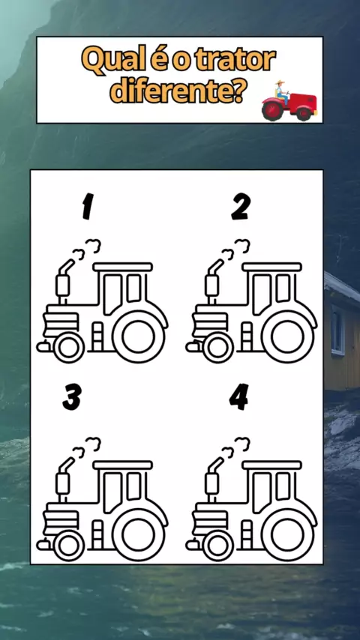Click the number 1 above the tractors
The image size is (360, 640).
click(88, 207)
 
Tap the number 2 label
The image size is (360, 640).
click(241, 207)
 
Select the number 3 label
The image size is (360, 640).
click(72, 396)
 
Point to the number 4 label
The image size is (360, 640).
click(239, 396)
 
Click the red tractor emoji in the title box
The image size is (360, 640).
click(289, 101)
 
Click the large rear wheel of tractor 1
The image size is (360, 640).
click(138, 337)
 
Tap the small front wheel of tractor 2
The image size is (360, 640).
click(217, 348)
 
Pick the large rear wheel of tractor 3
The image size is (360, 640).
click(138, 535)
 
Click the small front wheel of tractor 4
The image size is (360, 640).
click(217, 546)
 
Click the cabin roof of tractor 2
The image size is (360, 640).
click(271, 267)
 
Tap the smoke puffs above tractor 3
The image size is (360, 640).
click(86, 447)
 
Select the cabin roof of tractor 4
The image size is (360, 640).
click(271, 465)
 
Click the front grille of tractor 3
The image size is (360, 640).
click(61, 519)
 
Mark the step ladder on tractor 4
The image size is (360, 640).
click(247, 534)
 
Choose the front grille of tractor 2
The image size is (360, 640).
click(210, 321)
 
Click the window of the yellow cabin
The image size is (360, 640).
click(337, 330)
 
